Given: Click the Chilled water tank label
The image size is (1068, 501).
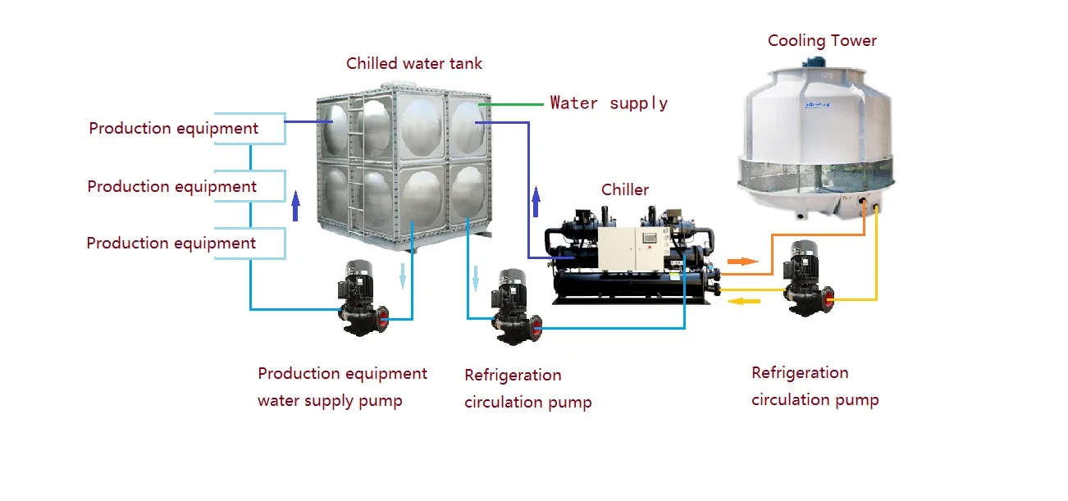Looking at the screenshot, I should tap(414, 63).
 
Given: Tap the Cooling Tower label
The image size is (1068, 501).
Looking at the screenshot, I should tap(822, 41).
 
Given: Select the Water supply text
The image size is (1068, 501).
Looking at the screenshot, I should tap(609, 103).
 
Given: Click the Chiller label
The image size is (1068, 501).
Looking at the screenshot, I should tap(625, 190).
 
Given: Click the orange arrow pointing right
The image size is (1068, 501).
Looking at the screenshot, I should tap(741, 262).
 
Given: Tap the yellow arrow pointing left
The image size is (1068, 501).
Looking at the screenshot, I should tap(745, 301).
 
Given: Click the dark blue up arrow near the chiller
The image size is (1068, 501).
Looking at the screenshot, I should tap(536, 202).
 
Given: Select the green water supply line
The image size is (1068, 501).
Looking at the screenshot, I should tap(513, 105).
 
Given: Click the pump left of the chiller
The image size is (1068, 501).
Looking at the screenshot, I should tap(515, 305).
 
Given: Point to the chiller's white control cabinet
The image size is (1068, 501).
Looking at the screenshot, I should tap(628, 250).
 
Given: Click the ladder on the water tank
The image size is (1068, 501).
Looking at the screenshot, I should tap(354, 164).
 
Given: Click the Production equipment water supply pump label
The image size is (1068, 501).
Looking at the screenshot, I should tap(342, 387).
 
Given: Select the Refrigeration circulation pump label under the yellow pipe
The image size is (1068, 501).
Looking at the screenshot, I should tap(815, 386).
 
